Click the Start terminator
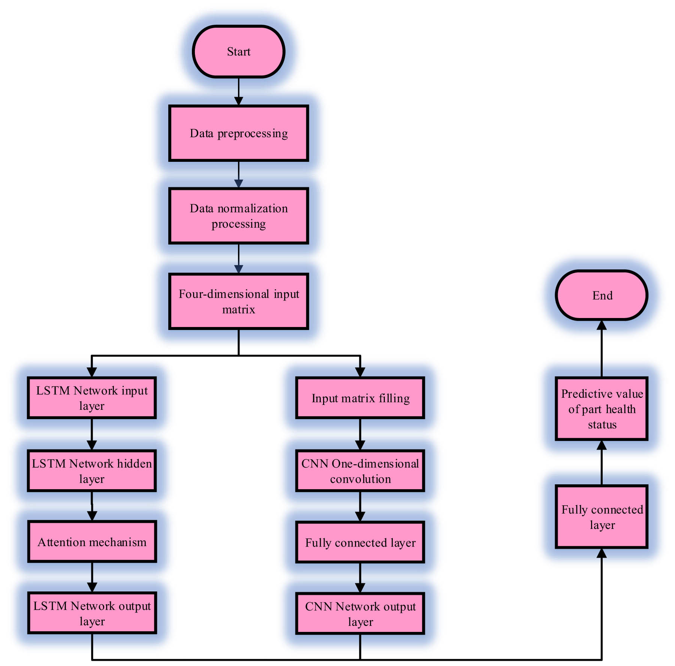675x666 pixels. [x=238, y=52]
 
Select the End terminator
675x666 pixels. [x=602, y=295]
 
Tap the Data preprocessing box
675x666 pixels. [x=238, y=133]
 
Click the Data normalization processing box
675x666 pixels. [x=238, y=216]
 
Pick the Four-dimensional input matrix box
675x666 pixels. [x=238, y=302]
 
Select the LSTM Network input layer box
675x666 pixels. [x=92, y=398]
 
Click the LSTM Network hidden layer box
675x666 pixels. [x=92, y=471]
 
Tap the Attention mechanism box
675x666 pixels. [x=92, y=542]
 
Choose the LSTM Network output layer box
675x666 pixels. [x=92, y=613]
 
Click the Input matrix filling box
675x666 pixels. [x=360, y=398]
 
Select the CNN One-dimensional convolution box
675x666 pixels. [x=360, y=471]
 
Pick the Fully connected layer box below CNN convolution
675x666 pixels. [x=360, y=542]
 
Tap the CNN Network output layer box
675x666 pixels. [x=360, y=614]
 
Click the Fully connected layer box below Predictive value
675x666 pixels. [x=602, y=517]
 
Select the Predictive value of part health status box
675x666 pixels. [x=602, y=409]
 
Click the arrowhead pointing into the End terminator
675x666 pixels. [x=602, y=325]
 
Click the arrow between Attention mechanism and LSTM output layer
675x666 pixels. [x=92, y=577]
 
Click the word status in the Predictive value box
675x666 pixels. [x=602, y=425]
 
